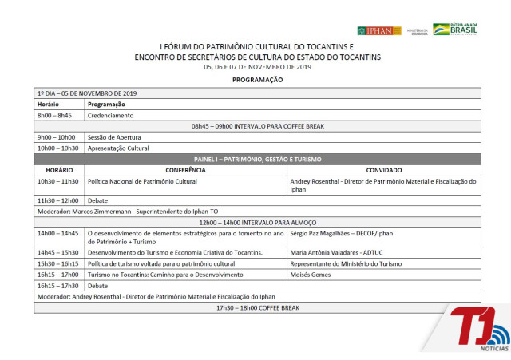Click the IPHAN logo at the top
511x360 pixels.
tap(379, 30)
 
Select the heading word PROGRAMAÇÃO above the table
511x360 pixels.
tap(257, 80)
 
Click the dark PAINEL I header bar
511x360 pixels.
tap(257, 159)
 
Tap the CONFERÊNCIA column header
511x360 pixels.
tap(185, 170)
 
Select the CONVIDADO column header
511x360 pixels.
tap(383, 170)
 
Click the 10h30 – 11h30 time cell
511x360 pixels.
tap(57, 181)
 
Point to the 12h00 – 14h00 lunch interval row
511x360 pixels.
tap(257, 222)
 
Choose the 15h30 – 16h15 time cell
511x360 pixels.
tap(57, 263)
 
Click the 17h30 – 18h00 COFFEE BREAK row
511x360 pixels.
tap(257, 307)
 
